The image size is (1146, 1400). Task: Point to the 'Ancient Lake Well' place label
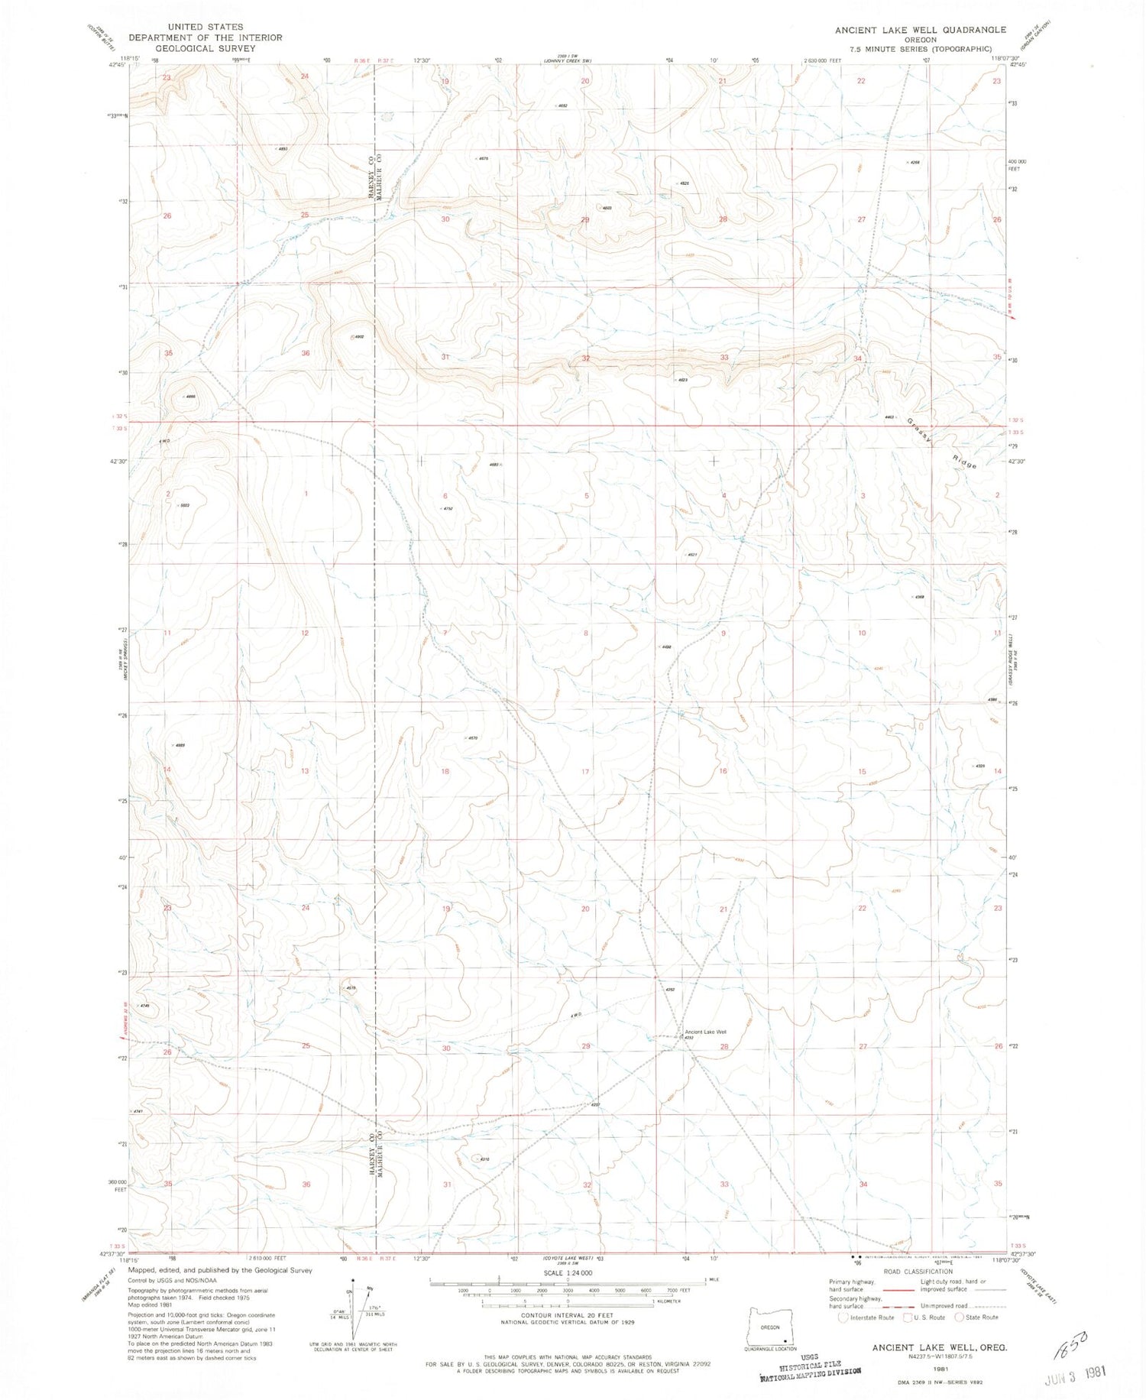pyautogui.click(x=705, y=1032)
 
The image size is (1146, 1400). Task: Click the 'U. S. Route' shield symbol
pyautogui.click(x=907, y=1317)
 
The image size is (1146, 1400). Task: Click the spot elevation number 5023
pyautogui.click(x=183, y=505)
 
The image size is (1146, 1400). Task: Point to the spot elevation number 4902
pyautogui.click(x=358, y=336)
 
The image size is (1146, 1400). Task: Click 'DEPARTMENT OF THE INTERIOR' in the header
pyautogui.click(x=206, y=37)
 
